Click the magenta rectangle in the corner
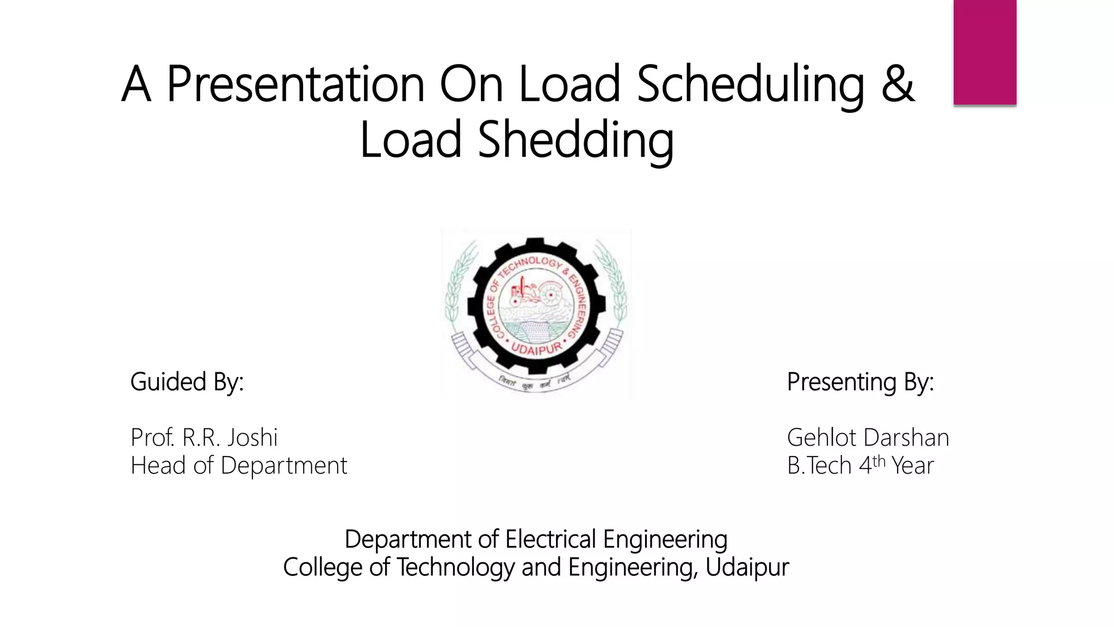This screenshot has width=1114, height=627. click(x=985, y=52)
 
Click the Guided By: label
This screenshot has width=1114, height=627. click(x=187, y=382)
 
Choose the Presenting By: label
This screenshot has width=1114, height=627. click(x=860, y=382)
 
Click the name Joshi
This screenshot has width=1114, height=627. click(x=252, y=437)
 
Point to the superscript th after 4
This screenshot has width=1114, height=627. click(x=879, y=460)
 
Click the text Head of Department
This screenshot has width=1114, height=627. click(x=238, y=465)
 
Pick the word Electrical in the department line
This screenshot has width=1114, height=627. click(x=551, y=539)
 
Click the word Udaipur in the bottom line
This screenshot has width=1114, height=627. click(x=747, y=567)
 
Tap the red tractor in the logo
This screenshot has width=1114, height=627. click(x=523, y=294)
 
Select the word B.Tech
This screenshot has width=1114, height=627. click(x=819, y=465)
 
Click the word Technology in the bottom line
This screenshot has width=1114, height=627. click(x=455, y=567)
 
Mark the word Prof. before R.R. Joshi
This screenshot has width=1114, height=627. click(x=152, y=437)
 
